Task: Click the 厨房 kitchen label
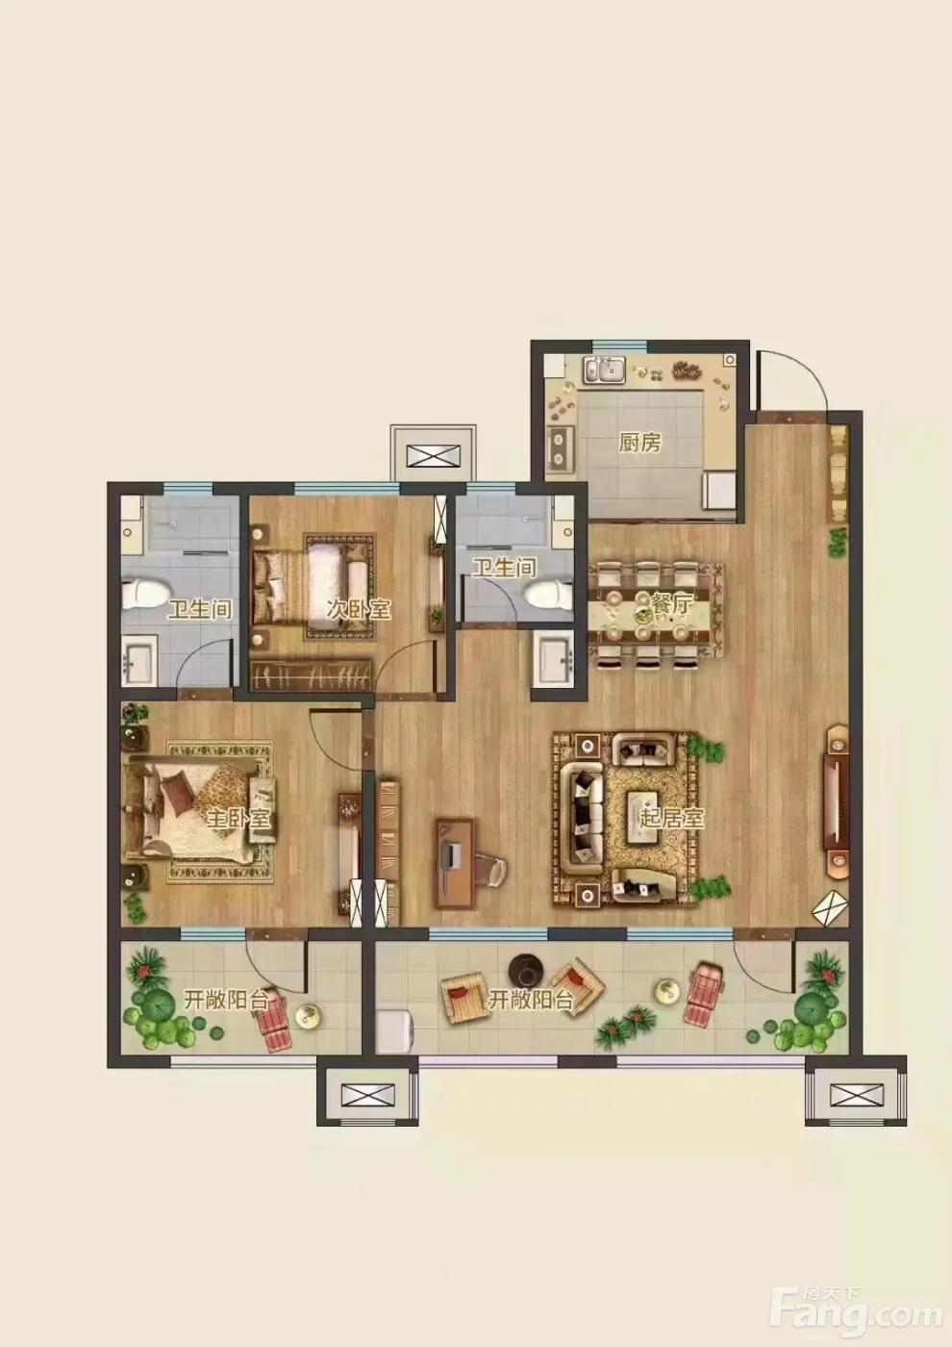click(x=639, y=443)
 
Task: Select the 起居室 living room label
click(x=671, y=818)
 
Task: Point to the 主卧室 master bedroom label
click(x=238, y=818)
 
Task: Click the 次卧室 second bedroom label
click(x=359, y=610)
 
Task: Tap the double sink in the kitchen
click(x=605, y=369)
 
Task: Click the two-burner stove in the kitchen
click(x=560, y=449)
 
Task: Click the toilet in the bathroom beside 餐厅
click(x=547, y=596)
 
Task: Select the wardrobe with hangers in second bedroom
click(x=312, y=674)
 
